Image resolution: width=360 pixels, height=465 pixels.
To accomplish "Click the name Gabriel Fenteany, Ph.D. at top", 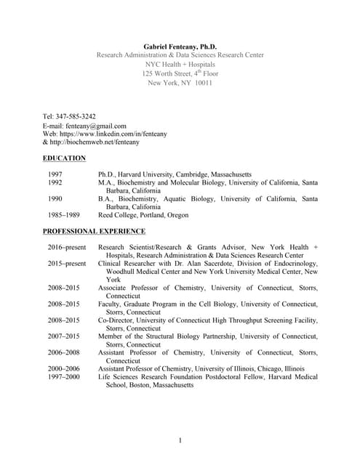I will (180, 46).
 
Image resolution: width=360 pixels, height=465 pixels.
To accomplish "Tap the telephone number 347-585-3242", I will (77, 116).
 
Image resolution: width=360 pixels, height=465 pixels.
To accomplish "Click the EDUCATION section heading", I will (64, 158).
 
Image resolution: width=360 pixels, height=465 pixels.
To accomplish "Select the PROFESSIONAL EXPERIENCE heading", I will (94, 231).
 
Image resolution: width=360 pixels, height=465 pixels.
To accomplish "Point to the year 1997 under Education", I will (55, 175).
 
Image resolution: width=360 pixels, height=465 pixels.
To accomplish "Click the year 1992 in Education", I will (55, 183).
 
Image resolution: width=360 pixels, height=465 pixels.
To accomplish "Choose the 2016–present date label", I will (67, 248).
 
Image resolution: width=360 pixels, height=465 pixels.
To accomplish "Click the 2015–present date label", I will (67, 264).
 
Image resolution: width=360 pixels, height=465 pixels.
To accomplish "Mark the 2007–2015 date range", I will (65, 336).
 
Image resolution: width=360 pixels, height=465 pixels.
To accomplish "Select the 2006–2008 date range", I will (65, 352).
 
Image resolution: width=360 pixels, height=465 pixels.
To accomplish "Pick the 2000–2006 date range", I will (65, 368).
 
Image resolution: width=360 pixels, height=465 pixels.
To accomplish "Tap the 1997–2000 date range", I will (65, 377).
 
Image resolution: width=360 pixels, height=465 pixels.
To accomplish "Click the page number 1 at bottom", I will (180, 440).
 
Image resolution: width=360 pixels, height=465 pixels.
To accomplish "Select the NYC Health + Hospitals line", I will (180, 64).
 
